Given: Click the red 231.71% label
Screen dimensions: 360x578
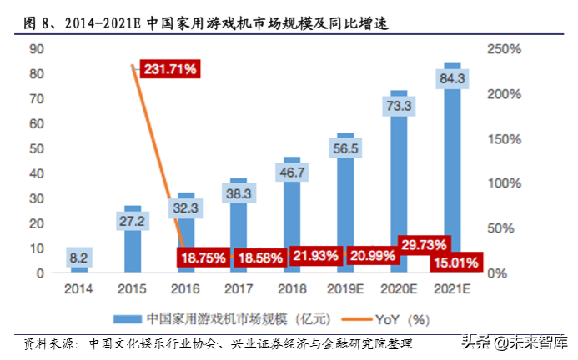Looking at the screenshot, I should (x=169, y=69).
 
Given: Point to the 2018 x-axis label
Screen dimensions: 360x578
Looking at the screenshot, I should (x=292, y=288).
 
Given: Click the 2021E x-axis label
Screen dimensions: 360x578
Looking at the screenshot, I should (x=452, y=288).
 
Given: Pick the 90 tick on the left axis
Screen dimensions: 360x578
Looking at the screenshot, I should (x=36, y=50).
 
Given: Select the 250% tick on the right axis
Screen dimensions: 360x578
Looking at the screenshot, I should (x=503, y=50).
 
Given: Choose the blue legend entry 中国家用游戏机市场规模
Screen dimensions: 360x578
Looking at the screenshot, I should (x=217, y=318).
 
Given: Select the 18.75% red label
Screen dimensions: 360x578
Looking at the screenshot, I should (x=200, y=258).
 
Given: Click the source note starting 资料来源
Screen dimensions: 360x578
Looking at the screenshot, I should (x=217, y=343).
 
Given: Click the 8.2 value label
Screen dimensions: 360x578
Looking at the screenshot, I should (x=79, y=258).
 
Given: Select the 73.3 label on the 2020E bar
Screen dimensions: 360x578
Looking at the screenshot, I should (x=399, y=106).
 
